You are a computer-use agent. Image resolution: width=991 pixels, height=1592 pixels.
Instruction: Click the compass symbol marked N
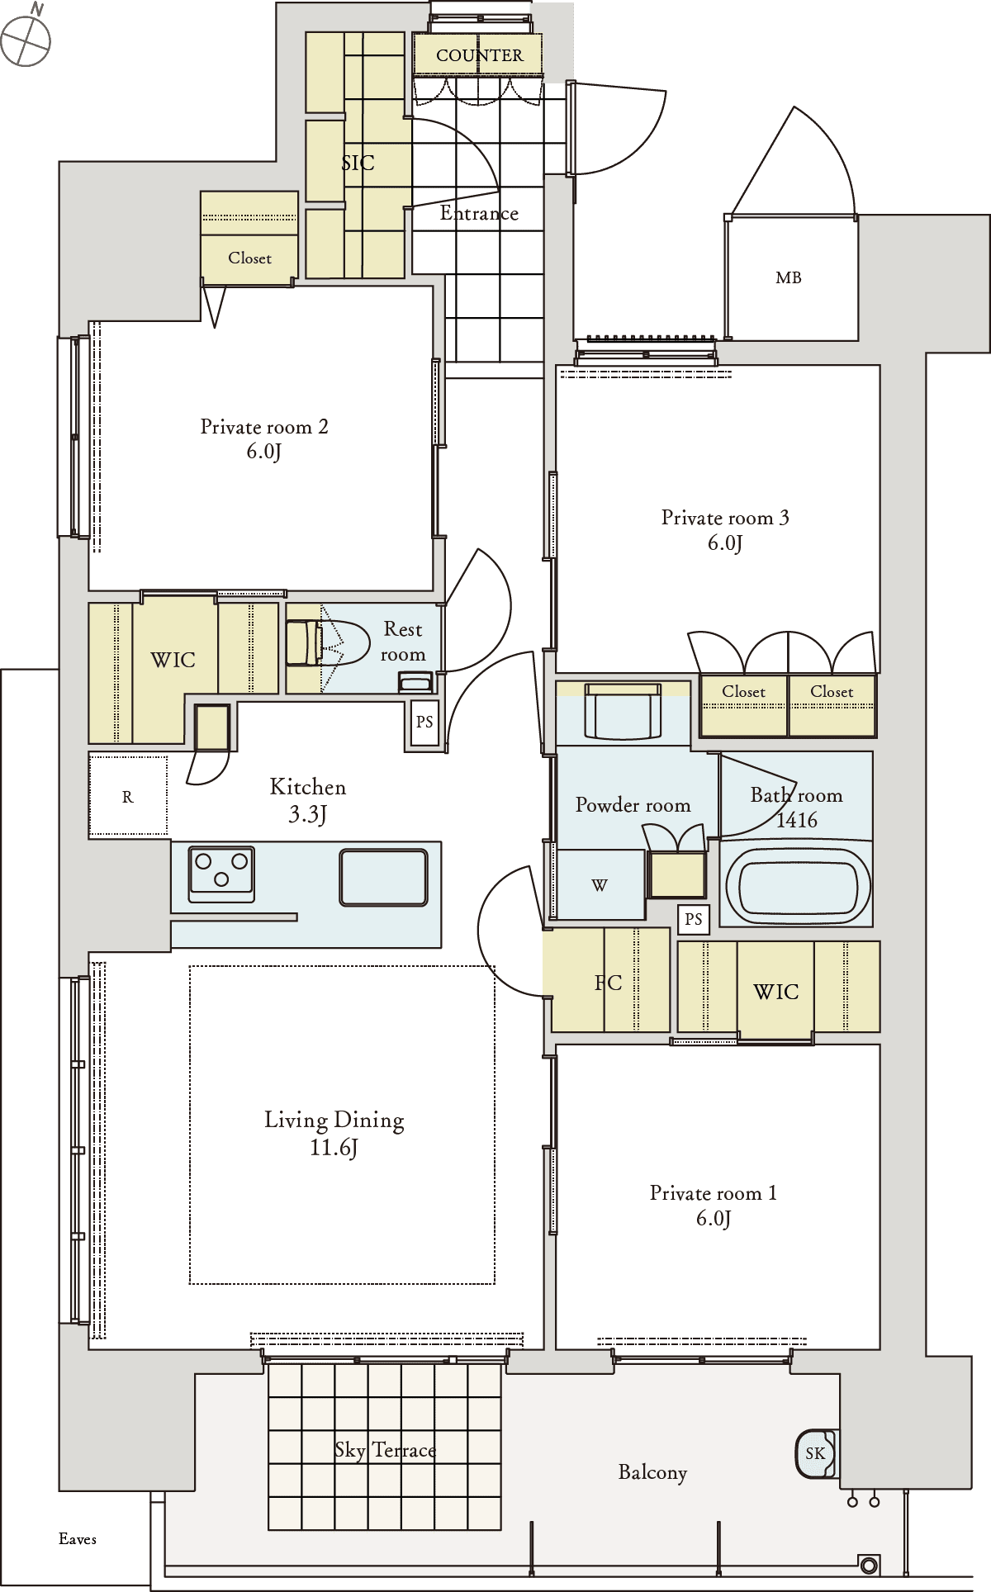26,38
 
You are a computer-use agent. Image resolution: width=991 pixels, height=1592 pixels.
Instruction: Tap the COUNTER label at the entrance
479,55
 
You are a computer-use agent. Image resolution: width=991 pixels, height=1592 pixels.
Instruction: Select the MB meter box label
789,278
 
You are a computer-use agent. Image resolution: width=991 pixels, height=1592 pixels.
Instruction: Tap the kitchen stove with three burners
221,872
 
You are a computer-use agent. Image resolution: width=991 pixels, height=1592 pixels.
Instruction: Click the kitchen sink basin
384,877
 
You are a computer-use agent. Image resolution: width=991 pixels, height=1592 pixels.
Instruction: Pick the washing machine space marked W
600,884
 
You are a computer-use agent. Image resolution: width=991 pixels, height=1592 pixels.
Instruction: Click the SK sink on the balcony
816,1453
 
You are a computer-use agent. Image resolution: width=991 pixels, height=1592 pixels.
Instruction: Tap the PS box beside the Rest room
424,723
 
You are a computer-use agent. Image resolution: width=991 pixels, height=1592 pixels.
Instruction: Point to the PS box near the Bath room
694,919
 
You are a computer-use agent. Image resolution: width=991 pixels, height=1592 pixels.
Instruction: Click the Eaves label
78,1539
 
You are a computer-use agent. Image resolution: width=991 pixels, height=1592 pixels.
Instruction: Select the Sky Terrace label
385,1451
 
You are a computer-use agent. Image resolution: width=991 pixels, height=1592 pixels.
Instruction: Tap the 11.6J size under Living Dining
334,1147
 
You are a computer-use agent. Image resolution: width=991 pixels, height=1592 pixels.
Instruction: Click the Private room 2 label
264,427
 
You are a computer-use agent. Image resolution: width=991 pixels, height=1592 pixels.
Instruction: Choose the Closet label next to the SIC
249,258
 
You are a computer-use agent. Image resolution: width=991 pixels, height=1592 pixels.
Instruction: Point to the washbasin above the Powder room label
624,711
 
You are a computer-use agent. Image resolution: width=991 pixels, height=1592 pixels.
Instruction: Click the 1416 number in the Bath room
797,820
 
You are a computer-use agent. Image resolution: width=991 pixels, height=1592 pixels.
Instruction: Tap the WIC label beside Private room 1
776,992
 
